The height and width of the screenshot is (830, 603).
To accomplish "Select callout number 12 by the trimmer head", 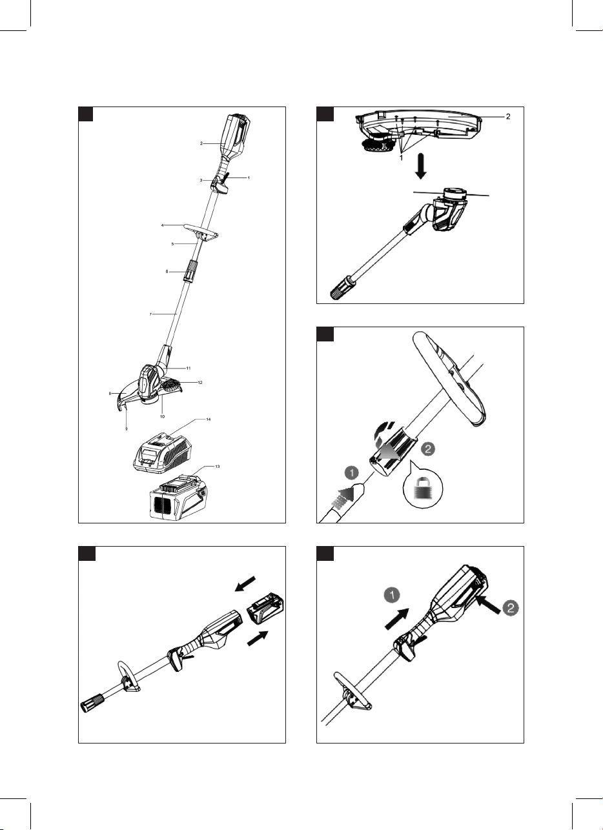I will tap(200, 383).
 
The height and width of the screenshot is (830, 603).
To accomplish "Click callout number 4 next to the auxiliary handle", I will tap(164, 225).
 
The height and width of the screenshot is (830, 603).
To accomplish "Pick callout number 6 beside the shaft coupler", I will tap(167, 272).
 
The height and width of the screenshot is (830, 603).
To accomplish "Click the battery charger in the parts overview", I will tap(163, 450).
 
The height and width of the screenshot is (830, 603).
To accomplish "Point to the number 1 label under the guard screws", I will tap(402, 156).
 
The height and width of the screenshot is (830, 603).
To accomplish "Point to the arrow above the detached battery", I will tap(247, 582).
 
